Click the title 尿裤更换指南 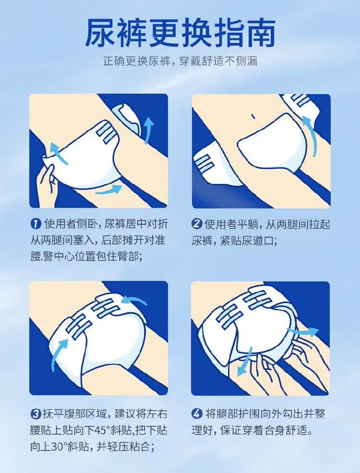(180, 33)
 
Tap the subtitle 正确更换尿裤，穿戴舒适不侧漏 (180, 61)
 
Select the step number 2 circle (197, 224)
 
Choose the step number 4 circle (197, 413)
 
